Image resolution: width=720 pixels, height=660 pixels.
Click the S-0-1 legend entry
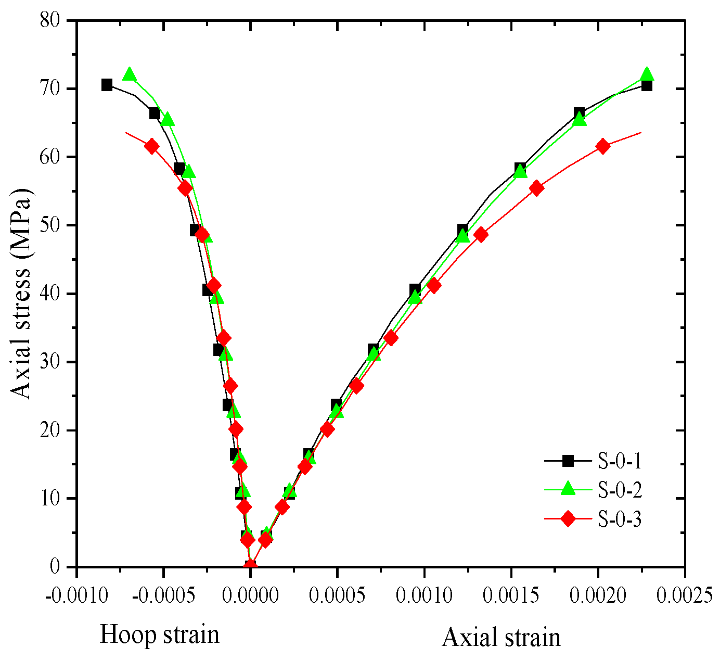620,461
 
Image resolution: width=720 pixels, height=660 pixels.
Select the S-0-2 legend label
620,490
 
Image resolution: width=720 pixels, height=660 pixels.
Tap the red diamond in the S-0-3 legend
568,519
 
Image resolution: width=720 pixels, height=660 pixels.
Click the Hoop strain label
159,635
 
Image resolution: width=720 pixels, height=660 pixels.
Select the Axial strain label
502,637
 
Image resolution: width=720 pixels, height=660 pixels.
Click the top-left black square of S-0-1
107,85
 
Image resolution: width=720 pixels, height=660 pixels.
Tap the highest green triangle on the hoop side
130,74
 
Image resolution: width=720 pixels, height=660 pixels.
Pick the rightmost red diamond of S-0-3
603,146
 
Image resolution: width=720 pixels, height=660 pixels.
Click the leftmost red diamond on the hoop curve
152,146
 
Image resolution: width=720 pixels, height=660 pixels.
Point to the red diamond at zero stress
250,566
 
